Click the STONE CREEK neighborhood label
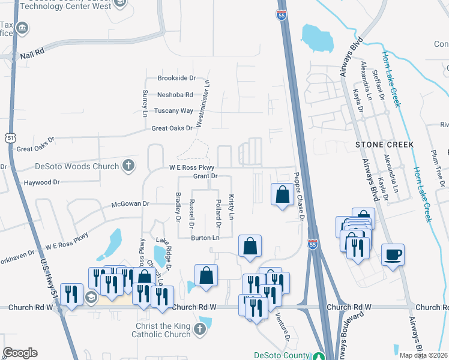(385, 145)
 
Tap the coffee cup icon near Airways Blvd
(393, 254)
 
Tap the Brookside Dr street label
(176, 78)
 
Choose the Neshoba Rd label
(175, 94)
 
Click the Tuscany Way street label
(174, 111)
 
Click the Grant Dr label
(205, 176)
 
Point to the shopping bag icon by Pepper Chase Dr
(282, 194)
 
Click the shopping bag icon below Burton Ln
(250, 245)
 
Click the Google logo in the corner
(20, 353)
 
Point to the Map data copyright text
(424, 355)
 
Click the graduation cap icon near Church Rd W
(91, 297)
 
